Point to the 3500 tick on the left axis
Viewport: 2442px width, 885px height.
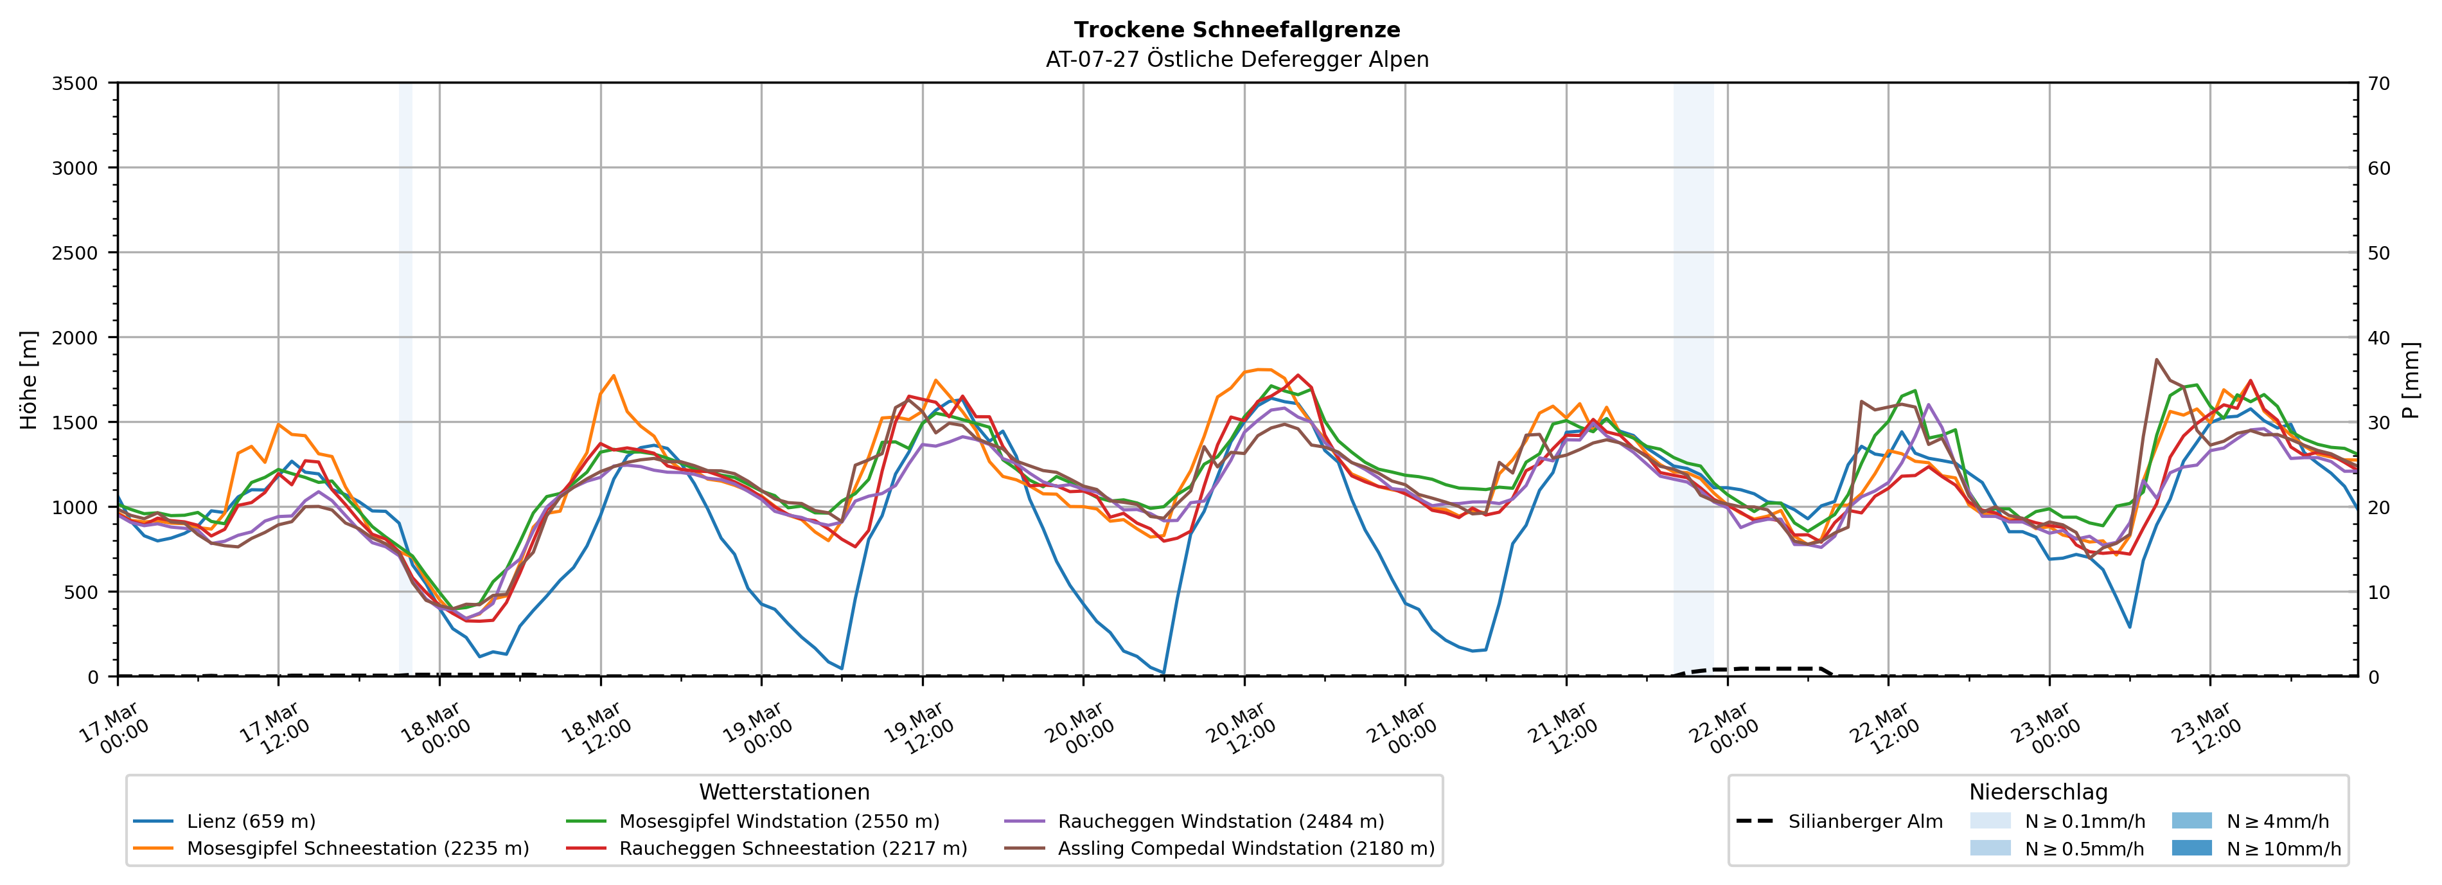[x=75, y=84]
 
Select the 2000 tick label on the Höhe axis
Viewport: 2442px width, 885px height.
[x=75, y=337]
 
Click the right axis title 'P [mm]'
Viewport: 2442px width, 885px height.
[x=2411, y=379]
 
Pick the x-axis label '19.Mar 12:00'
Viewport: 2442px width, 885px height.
[x=917, y=728]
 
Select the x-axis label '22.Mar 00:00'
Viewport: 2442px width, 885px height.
[x=1722, y=728]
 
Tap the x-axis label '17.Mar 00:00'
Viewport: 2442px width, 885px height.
[x=112, y=728]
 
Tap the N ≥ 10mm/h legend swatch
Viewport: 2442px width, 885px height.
[x=2191, y=848]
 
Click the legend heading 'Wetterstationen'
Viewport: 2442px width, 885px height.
[x=784, y=792]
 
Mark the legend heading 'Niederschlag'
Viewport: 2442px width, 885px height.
[x=2038, y=792]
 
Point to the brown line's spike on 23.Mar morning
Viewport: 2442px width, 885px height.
[x=2157, y=359]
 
